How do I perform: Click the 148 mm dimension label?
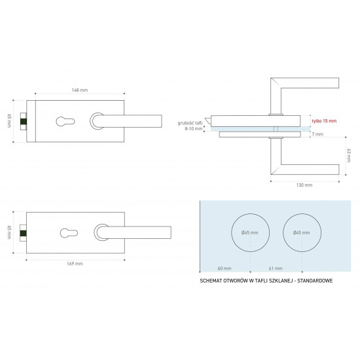click(x=80, y=90)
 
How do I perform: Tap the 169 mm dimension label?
click(x=75, y=264)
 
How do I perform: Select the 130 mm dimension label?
click(x=304, y=185)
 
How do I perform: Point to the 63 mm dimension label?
click(x=349, y=155)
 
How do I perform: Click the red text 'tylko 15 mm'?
click(x=324, y=121)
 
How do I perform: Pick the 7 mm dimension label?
click(x=317, y=134)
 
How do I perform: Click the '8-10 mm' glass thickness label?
click(x=194, y=128)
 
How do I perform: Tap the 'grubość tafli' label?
click(x=190, y=123)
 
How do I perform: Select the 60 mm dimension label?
click(x=225, y=268)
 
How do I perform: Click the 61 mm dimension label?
click(x=276, y=268)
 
